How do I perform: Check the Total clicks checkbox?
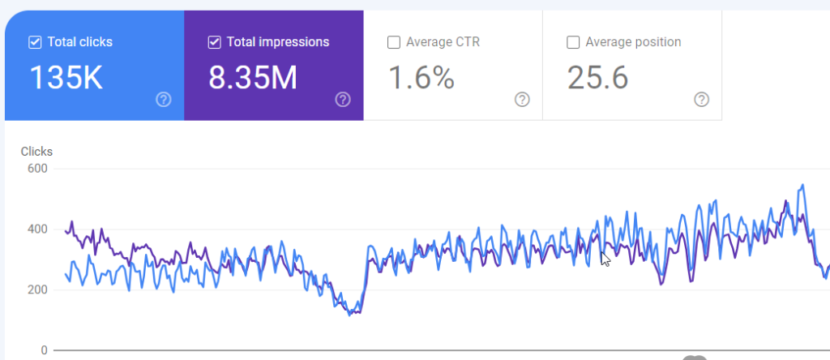pos(36,42)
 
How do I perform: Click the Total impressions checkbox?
pos(215,42)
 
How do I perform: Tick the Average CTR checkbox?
pos(394,42)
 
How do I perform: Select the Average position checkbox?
pos(573,42)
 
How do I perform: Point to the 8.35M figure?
pos(253,77)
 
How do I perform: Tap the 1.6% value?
pos(421,77)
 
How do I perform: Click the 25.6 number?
pos(597,77)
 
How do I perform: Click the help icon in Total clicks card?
pos(164,100)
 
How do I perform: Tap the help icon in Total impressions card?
pos(343,100)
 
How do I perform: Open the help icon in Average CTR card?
pos(522,100)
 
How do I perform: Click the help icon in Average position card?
pos(702,100)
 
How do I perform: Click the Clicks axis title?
pos(36,151)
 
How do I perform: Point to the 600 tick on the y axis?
pos(38,169)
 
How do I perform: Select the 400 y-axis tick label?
pos(38,229)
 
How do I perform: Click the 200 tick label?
pos(38,289)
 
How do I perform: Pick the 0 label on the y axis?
pos(44,350)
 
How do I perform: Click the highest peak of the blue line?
pos(802,185)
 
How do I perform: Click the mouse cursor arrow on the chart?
pos(605,258)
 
